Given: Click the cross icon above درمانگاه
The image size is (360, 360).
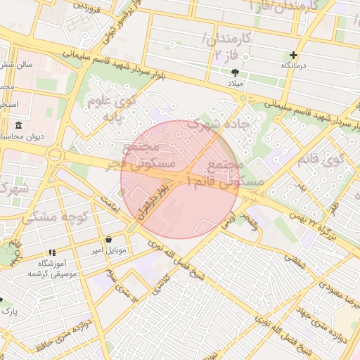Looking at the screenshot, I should click(293, 55).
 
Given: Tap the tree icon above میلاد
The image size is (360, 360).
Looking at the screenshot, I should click(235, 72).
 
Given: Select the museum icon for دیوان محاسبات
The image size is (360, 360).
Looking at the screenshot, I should click(18, 126).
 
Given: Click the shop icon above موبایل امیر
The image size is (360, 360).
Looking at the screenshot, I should click(108, 239).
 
